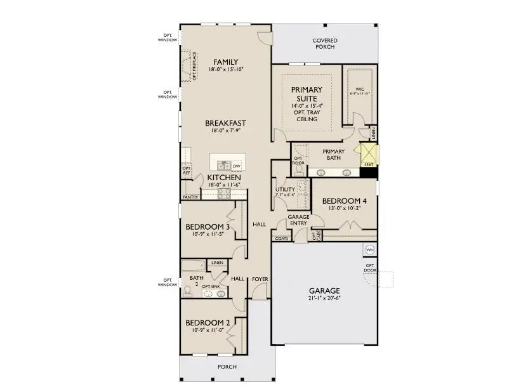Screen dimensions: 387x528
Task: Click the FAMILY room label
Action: click(x=226, y=62)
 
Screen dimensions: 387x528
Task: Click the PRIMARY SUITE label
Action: click(x=306, y=94)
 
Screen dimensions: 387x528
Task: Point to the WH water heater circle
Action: click(x=369, y=250)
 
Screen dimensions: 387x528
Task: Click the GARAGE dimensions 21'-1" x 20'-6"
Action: click(x=324, y=298)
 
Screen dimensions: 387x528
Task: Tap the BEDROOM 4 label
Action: click(x=345, y=201)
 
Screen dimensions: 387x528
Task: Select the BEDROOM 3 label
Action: click(x=208, y=226)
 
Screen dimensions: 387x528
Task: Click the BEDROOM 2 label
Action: click(x=208, y=323)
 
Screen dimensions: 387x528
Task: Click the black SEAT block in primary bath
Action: click(x=369, y=171)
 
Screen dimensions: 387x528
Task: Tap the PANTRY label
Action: click(x=190, y=197)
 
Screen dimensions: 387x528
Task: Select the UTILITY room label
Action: click(x=284, y=190)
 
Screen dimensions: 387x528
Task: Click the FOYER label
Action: click(x=260, y=279)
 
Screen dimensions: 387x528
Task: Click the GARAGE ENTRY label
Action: click(x=299, y=220)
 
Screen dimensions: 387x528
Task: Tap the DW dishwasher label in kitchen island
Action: click(x=236, y=166)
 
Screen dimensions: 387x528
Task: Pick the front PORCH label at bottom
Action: click(x=227, y=367)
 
